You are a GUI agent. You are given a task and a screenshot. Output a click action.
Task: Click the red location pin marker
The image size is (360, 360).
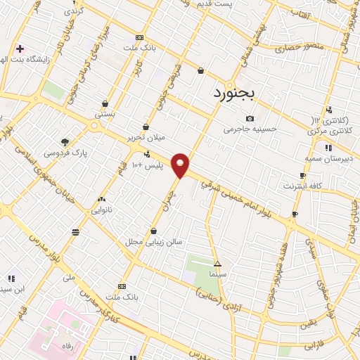coord(181,165)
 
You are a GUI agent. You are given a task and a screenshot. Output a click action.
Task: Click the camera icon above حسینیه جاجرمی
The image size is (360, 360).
coord(250,118)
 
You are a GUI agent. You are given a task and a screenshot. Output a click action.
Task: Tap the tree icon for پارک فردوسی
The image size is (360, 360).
coord(65,141)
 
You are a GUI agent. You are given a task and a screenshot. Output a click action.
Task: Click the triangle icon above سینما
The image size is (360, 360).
coord(217,263)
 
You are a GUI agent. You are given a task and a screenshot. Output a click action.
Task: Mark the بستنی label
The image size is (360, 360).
coord(105,113)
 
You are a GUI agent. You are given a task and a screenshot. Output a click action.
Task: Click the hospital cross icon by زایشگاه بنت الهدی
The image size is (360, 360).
coord(20,49)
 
